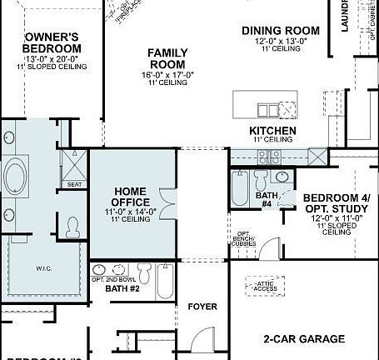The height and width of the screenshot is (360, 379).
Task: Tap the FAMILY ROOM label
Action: coord(167,58)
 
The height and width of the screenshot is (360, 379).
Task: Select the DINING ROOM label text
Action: coord(281,31)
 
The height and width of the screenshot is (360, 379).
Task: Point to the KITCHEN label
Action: coord(272,132)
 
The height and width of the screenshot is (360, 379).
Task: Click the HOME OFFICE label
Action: coord(132,197)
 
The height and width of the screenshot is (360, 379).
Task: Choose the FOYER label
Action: coord(202,307)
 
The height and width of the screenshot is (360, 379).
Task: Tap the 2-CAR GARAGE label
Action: coord(304,338)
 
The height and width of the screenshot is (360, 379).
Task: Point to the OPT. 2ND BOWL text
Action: coord(109,279)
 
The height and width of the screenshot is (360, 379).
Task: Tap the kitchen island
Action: coord(266,109)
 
